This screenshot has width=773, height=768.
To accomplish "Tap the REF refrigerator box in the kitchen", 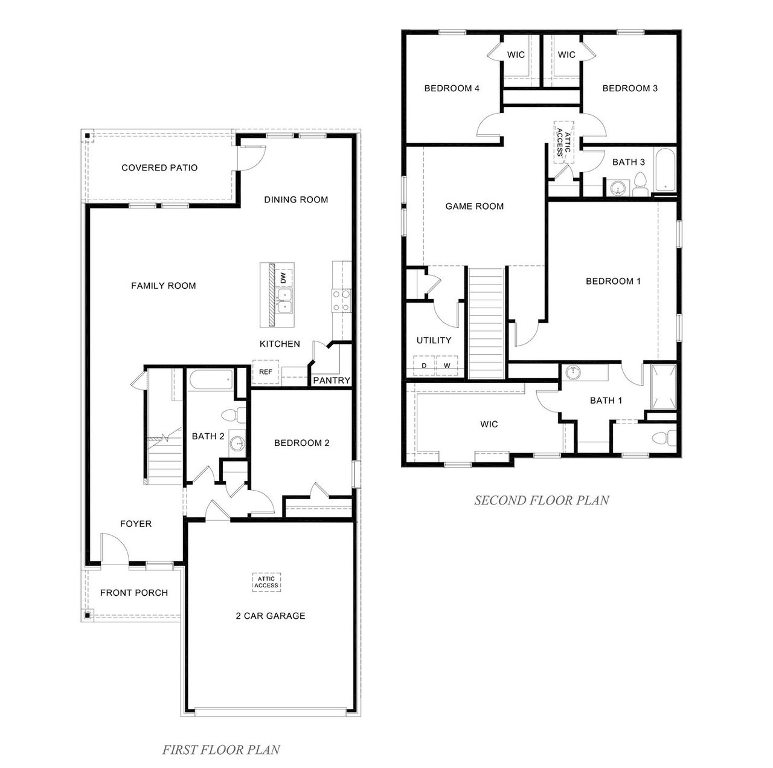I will pyautogui.click(x=265, y=372).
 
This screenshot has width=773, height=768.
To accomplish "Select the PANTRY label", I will pyautogui.click(x=332, y=380).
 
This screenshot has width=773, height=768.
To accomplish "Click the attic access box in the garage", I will pyautogui.click(x=266, y=582).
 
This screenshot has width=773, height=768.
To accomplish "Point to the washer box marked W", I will pyautogui.click(x=447, y=366).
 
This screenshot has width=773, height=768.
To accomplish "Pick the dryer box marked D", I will pyautogui.click(x=424, y=366).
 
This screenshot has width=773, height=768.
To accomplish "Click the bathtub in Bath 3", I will pyautogui.click(x=666, y=169).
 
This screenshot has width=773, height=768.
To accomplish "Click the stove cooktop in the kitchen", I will pyautogui.click(x=341, y=300).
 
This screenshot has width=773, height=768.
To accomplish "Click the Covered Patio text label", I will pyautogui.click(x=159, y=167).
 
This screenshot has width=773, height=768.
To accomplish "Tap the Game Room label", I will pyautogui.click(x=474, y=206).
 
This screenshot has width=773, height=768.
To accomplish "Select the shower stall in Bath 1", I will pyautogui.click(x=664, y=387).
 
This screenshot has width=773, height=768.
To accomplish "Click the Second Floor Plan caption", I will pyautogui.click(x=541, y=500).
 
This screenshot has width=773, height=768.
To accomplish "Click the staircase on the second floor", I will pyautogui.click(x=486, y=323).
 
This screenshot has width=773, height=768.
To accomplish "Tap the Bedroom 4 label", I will pyautogui.click(x=452, y=88).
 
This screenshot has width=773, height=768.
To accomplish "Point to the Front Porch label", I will pyautogui.click(x=133, y=592).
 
